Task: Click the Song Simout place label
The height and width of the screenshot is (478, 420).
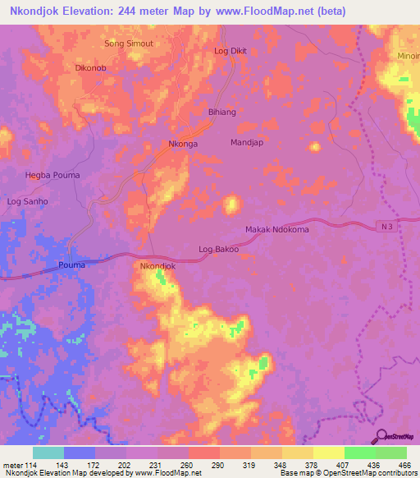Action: pos(130,43)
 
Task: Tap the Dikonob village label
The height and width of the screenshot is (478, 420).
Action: pos(91,69)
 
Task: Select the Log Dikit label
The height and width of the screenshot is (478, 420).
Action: pos(231,51)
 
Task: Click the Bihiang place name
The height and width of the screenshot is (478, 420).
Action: pos(222,112)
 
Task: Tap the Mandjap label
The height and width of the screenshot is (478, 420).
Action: pos(247,142)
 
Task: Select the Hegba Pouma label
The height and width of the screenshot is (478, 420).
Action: pos(52,175)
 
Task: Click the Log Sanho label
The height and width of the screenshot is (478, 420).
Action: pos(28,201)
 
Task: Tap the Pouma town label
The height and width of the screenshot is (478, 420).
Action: pos(72,264)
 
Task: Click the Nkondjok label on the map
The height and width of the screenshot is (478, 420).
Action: pos(158,267)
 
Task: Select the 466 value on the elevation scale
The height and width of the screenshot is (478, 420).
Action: pos(404,465)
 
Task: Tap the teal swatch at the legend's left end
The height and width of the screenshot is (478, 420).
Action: pos(48,453)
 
